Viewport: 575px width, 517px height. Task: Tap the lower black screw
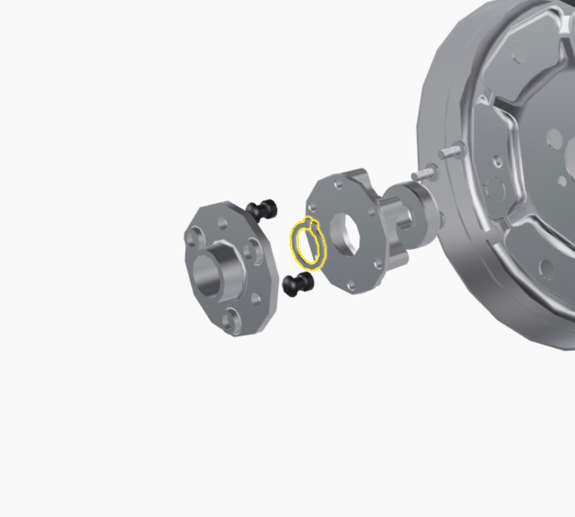(298, 284)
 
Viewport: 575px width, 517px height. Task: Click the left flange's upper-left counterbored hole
(193, 237)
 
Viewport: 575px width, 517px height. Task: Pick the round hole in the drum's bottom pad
(546, 267)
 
